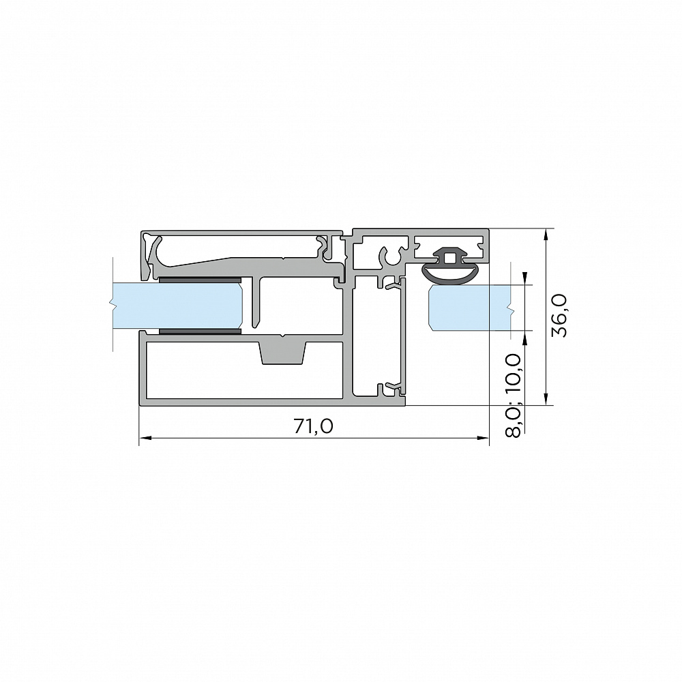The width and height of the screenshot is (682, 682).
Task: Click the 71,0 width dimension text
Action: [314, 426]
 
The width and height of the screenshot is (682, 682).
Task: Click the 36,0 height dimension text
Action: [559, 315]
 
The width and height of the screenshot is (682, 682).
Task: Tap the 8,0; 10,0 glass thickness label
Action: [514, 395]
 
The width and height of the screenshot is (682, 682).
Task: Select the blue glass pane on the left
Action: [177, 306]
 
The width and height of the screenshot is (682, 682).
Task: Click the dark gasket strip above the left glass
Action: [200, 279]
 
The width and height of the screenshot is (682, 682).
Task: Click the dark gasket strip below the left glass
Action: [200, 332]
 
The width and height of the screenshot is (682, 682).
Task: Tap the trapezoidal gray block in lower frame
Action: [283, 353]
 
